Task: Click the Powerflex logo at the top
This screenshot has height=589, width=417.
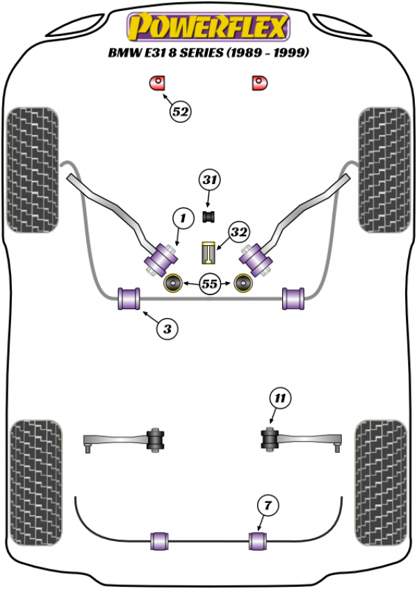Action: (x=207, y=27)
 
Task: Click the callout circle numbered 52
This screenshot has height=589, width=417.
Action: (x=181, y=111)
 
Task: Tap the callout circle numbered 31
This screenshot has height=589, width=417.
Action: (x=210, y=181)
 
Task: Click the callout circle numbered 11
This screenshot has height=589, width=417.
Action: (x=279, y=399)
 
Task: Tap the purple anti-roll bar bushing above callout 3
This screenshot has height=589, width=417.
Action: (x=130, y=298)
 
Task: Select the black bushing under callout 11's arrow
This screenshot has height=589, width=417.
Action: (x=268, y=440)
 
